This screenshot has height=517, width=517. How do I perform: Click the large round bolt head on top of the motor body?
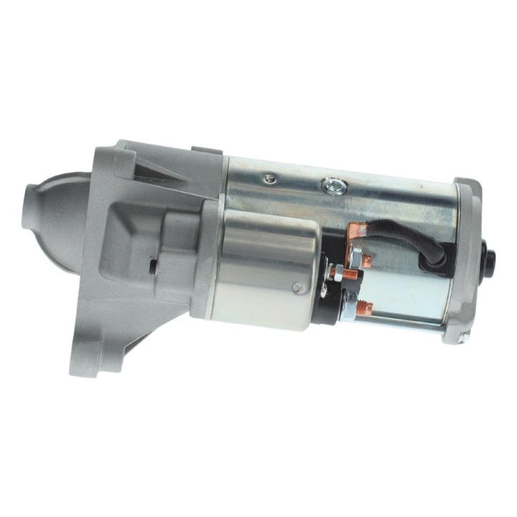[334, 187]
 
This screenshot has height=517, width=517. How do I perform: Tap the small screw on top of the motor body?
[269, 180]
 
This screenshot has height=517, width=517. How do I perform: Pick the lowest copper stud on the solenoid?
[364, 309]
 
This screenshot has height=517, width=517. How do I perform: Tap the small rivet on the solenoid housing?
[297, 288]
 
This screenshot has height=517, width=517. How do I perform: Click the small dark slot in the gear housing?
[152, 265]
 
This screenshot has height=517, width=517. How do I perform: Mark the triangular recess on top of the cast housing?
[154, 172]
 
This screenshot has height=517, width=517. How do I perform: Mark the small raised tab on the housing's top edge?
[207, 150]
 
